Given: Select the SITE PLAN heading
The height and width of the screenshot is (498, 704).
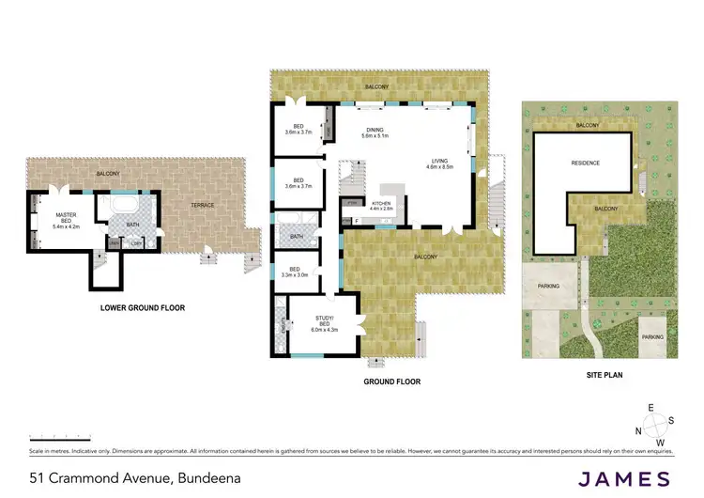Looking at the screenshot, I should (x=599, y=375).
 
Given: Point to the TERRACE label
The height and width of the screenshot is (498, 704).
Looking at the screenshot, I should (x=203, y=205).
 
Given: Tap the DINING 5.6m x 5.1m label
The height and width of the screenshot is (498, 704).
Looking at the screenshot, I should (x=375, y=133).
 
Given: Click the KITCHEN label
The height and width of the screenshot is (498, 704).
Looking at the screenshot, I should (x=381, y=206).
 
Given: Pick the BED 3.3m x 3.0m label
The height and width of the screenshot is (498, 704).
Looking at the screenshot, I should (x=296, y=272).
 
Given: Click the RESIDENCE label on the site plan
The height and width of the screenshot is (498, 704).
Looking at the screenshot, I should (x=585, y=163).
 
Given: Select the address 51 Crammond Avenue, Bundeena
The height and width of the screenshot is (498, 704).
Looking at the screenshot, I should (x=134, y=477).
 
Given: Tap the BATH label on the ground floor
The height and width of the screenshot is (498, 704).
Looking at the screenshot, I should (x=297, y=237).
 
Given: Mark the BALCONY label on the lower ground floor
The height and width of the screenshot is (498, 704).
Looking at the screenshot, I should (x=107, y=174).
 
